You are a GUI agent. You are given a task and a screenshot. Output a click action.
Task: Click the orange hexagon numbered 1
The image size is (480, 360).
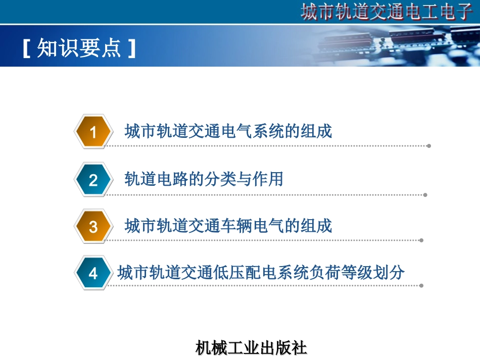pyautogui.click(x=93, y=132)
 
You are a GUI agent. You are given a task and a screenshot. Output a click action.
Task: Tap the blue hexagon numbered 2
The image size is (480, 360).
pyautogui.click(x=93, y=180)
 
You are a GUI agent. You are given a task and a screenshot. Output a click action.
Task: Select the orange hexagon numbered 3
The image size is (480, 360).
pyautogui.click(x=93, y=227)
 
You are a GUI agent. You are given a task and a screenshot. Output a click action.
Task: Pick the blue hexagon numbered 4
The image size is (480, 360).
pyautogui.click(x=93, y=274)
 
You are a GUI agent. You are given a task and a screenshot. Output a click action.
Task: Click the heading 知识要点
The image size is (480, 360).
pyautogui.click(x=79, y=49)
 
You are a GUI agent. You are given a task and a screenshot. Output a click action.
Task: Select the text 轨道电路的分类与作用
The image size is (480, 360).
pyautogui.click(x=204, y=179)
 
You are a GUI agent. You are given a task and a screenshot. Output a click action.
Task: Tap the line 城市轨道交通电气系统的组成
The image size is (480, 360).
pyautogui.click(x=228, y=131)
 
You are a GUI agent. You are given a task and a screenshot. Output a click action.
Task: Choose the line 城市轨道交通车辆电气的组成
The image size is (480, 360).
pyautogui.click(x=228, y=226)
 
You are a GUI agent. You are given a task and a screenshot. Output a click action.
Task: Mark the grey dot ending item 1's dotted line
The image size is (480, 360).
pyautogui.click(x=429, y=146)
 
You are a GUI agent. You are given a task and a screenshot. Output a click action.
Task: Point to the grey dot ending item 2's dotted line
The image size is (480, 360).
pyautogui.click(x=425, y=194)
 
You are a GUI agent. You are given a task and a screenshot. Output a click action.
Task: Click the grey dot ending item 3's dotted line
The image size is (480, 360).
pyautogui.click(x=422, y=240)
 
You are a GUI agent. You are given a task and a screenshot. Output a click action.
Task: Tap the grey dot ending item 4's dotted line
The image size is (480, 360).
pyautogui.click(x=421, y=285)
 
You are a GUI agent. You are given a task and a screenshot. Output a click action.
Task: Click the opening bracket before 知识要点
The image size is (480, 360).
pyautogui.click(x=27, y=49)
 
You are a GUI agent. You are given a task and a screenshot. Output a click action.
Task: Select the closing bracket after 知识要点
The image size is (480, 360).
pyautogui.click(x=132, y=49)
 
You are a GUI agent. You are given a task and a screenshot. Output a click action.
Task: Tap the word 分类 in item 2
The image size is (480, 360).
pyautogui.click(x=220, y=179)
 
